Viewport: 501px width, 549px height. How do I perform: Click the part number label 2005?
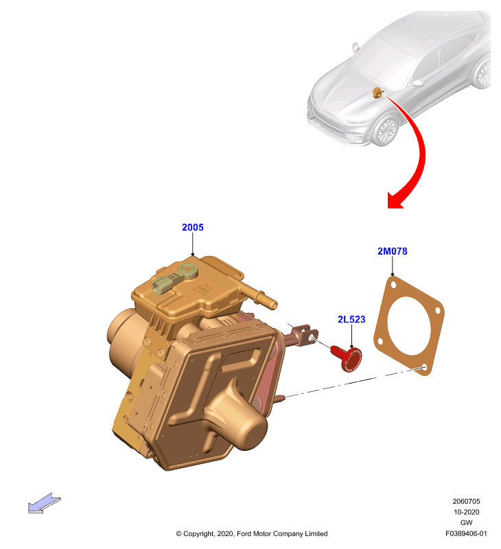click(193, 227)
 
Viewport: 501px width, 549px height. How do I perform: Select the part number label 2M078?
click(392, 251)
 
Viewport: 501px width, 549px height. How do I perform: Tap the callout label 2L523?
click(351, 319)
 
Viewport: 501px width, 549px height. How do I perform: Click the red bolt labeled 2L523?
click(348, 358)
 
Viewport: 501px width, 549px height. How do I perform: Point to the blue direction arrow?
click(44, 503)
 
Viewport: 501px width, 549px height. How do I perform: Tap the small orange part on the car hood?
click(377, 93)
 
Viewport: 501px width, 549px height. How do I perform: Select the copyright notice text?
click(252, 534)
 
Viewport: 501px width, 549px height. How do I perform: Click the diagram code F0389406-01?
click(466, 534)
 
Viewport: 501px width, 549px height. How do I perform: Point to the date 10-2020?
click(466, 512)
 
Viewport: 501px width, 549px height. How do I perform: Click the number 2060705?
click(466, 502)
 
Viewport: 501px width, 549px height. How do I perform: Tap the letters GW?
click(466, 523)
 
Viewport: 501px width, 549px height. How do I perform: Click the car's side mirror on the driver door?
click(417, 83)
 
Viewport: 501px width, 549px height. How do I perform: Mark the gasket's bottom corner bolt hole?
click(424, 367)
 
